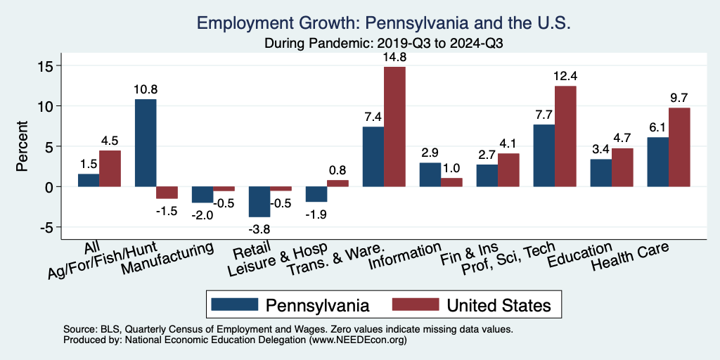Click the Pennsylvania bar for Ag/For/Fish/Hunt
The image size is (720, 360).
click(x=146, y=143)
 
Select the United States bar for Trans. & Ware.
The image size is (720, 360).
click(x=394, y=127)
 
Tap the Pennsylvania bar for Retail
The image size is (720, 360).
click(x=259, y=202)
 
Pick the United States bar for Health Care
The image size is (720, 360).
click(x=679, y=147)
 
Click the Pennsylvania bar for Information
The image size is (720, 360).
click(x=430, y=175)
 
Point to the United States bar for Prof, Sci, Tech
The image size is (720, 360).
click(x=565, y=136)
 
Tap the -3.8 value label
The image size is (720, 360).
click(x=259, y=227)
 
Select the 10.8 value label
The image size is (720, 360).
click(x=146, y=90)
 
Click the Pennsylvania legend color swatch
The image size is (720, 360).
click(x=234, y=304)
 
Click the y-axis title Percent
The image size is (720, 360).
click(x=22, y=147)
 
